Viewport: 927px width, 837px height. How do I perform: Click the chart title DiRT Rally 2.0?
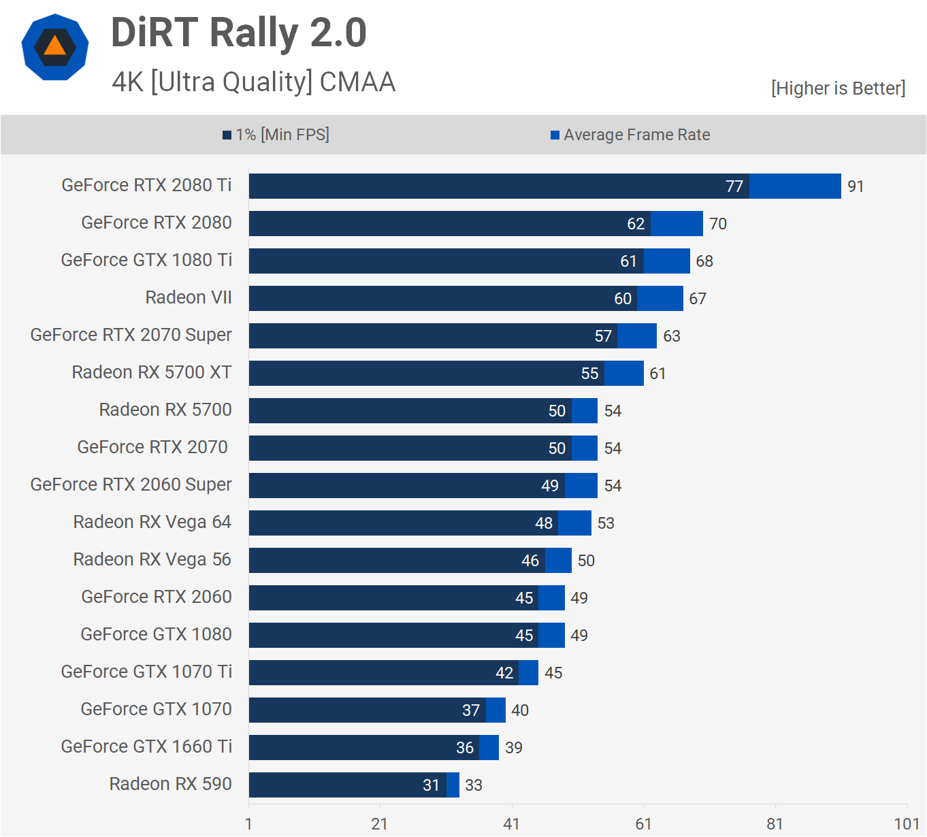pyautogui.click(x=238, y=33)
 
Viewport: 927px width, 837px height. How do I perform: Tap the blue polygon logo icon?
pyautogui.click(x=55, y=47)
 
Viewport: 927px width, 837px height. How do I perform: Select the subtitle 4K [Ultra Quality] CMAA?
pyautogui.click(x=253, y=82)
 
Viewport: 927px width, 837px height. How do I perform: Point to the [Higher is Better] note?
pyautogui.click(x=838, y=88)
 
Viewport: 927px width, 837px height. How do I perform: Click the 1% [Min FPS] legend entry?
pyautogui.click(x=276, y=135)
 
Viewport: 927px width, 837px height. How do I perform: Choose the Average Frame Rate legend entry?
pyautogui.click(x=630, y=135)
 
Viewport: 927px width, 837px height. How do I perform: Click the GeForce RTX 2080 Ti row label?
pyautogui.click(x=146, y=185)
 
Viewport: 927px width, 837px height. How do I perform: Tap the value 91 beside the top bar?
pyautogui.click(x=856, y=186)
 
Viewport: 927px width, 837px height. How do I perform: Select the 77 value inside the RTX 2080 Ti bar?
pyautogui.click(x=734, y=186)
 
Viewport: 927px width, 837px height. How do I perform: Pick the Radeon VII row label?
pyautogui.click(x=189, y=297)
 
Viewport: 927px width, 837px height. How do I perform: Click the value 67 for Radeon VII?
pyautogui.click(x=698, y=299)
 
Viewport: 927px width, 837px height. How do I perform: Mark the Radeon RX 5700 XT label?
pyautogui.click(x=152, y=372)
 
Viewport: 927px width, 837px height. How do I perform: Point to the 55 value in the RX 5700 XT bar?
pyautogui.click(x=590, y=374)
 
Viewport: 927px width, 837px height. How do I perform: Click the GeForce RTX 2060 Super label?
pyautogui.click(x=131, y=485)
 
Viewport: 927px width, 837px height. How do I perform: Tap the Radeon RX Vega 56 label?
pyautogui.click(x=152, y=559)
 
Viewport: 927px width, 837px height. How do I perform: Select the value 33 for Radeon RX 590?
pyautogui.click(x=474, y=785)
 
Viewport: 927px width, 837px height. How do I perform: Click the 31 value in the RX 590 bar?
pyautogui.click(x=432, y=785)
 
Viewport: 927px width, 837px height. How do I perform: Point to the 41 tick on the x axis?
pyautogui.click(x=511, y=824)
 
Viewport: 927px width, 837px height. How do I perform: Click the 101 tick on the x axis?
pyautogui.click(x=907, y=824)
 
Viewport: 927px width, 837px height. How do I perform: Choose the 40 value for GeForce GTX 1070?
pyautogui.click(x=520, y=710)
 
